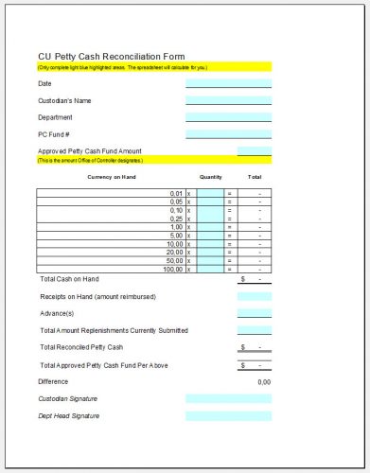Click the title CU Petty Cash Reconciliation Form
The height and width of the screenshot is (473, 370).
(x=112, y=56)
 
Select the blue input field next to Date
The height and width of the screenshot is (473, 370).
(x=228, y=83)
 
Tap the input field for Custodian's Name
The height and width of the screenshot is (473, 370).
(x=228, y=100)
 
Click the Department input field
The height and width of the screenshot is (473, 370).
(x=228, y=117)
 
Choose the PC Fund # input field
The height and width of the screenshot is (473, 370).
(x=228, y=134)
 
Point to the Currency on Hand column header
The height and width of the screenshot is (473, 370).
(x=113, y=177)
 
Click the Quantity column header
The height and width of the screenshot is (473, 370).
(x=210, y=177)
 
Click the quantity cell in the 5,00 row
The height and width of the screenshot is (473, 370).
(x=209, y=236)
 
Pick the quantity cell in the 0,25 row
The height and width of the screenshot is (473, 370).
(x=209, y=219)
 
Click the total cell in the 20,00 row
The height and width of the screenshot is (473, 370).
(x=255, y=253)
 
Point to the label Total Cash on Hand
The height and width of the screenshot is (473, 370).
(x=69, y=279)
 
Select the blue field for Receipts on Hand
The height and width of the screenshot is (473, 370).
(x=255, y=296)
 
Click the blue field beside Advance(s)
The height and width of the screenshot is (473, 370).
(x=255, y=313)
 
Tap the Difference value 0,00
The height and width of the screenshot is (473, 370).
(x=264, y=381)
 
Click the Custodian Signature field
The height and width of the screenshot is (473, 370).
(x=228, y=398)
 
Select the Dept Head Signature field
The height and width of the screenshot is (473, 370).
(x=228, y=415)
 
